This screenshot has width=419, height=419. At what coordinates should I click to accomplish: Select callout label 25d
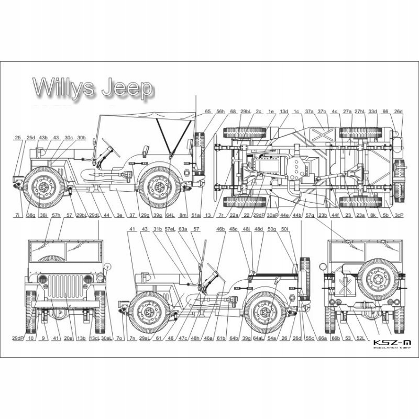click(31, 138)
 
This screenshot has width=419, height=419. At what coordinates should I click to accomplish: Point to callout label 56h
click(220, 112)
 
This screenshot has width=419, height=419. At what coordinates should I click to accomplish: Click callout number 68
click(233, 112)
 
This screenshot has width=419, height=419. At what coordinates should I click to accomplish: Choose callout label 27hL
click(360, 112)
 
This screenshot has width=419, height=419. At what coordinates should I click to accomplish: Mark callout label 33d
click(372, 112)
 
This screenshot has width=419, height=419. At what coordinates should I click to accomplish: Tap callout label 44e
click(284, 215)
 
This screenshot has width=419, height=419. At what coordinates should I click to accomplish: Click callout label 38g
click(31, 215)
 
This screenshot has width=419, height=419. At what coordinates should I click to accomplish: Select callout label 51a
click(195, 215)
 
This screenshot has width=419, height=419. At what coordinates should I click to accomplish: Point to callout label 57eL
click(170, 229)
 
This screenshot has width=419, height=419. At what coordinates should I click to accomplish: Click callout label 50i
click(284, 229)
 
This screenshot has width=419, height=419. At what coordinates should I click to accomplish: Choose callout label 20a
click(68, 338)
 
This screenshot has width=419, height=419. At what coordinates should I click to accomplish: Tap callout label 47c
click(183, 338)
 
